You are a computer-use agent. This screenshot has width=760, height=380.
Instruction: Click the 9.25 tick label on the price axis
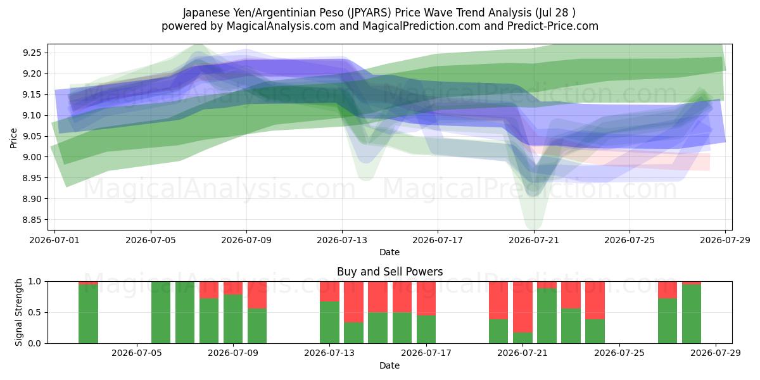pos(32,53)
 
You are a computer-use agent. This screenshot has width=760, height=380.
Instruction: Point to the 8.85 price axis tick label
pos(32,220)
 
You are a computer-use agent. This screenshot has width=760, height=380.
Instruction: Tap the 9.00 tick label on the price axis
pos(32,157)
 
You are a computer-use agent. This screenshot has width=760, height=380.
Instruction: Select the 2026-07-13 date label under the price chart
pos(342,240)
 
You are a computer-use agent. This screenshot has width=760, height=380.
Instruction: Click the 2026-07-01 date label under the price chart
pos(54,240)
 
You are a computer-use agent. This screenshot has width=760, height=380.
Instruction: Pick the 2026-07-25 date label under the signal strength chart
pos(619,353)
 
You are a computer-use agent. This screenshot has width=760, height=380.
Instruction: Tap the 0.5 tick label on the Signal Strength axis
pos(35,312)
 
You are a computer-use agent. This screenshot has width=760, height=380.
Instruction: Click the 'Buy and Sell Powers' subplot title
pos(390,272)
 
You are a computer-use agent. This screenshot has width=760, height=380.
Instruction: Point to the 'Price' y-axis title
pos(13,138)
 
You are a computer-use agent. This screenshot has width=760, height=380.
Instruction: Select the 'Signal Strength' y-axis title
pos(18,312)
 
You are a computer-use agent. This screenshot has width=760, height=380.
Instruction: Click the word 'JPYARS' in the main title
pos(369,13)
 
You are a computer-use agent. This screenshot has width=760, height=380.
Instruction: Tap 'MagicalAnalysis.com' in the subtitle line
pos(281,26)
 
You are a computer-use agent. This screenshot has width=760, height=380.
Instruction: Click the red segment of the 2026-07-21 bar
pos(522,307)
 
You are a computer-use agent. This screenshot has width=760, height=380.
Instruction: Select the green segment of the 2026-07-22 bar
pos(547,316)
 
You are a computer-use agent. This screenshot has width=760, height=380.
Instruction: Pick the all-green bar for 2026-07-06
pos(161,312)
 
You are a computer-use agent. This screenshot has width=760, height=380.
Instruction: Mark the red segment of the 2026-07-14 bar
pos(353,302)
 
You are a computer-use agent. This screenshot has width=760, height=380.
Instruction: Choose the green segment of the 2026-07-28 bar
pos(692,314)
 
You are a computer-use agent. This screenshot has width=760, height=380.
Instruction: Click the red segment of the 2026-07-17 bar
pos(426,298)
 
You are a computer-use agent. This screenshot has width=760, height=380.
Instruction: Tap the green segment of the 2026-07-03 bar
pos(88,314)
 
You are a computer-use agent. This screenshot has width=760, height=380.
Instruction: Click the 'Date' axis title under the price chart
pos(389,253)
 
